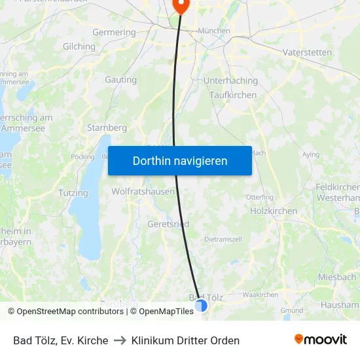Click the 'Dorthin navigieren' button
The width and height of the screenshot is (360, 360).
[180, 160]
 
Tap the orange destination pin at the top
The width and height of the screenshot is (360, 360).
[180, 6]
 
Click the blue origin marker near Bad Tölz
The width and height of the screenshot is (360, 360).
[201, 305]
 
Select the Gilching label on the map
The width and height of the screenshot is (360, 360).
[79, 46]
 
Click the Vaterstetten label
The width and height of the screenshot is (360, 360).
[307, 52]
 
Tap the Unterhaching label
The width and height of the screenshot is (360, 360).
[231, 81]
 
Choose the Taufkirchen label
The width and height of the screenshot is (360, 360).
[233, 95]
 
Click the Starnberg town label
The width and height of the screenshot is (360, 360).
[107, 128]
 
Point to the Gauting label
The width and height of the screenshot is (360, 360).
[121, 80]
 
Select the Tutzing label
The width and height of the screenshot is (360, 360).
[73, 193]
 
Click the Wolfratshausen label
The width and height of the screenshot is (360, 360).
[143, 192]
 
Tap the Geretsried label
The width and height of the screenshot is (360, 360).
[168, 224]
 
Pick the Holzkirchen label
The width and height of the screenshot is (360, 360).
[274, 211]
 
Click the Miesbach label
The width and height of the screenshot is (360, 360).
[337, 277]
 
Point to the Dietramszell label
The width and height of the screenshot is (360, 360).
[224, 240]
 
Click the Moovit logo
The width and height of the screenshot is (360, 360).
[320, 339]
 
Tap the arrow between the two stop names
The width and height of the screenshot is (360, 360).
[120, 340]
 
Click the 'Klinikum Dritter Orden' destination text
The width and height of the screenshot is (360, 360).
[185, 340]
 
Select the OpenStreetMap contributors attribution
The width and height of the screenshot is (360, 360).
[69, 312]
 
